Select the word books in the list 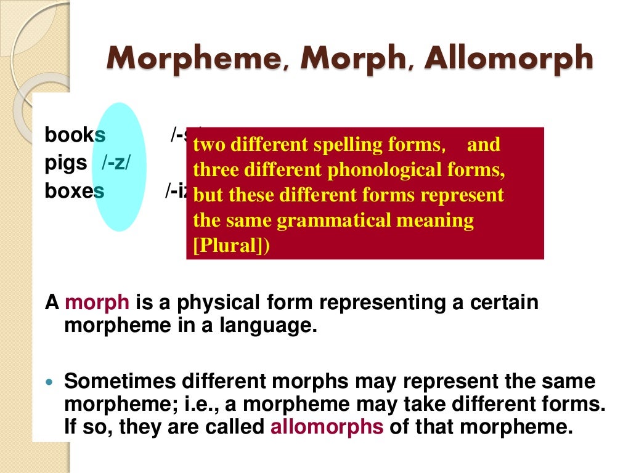point(75,135)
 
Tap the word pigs point(65,164)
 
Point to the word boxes point(74,191)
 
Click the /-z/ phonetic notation point(116,164)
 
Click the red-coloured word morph point(97,303)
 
